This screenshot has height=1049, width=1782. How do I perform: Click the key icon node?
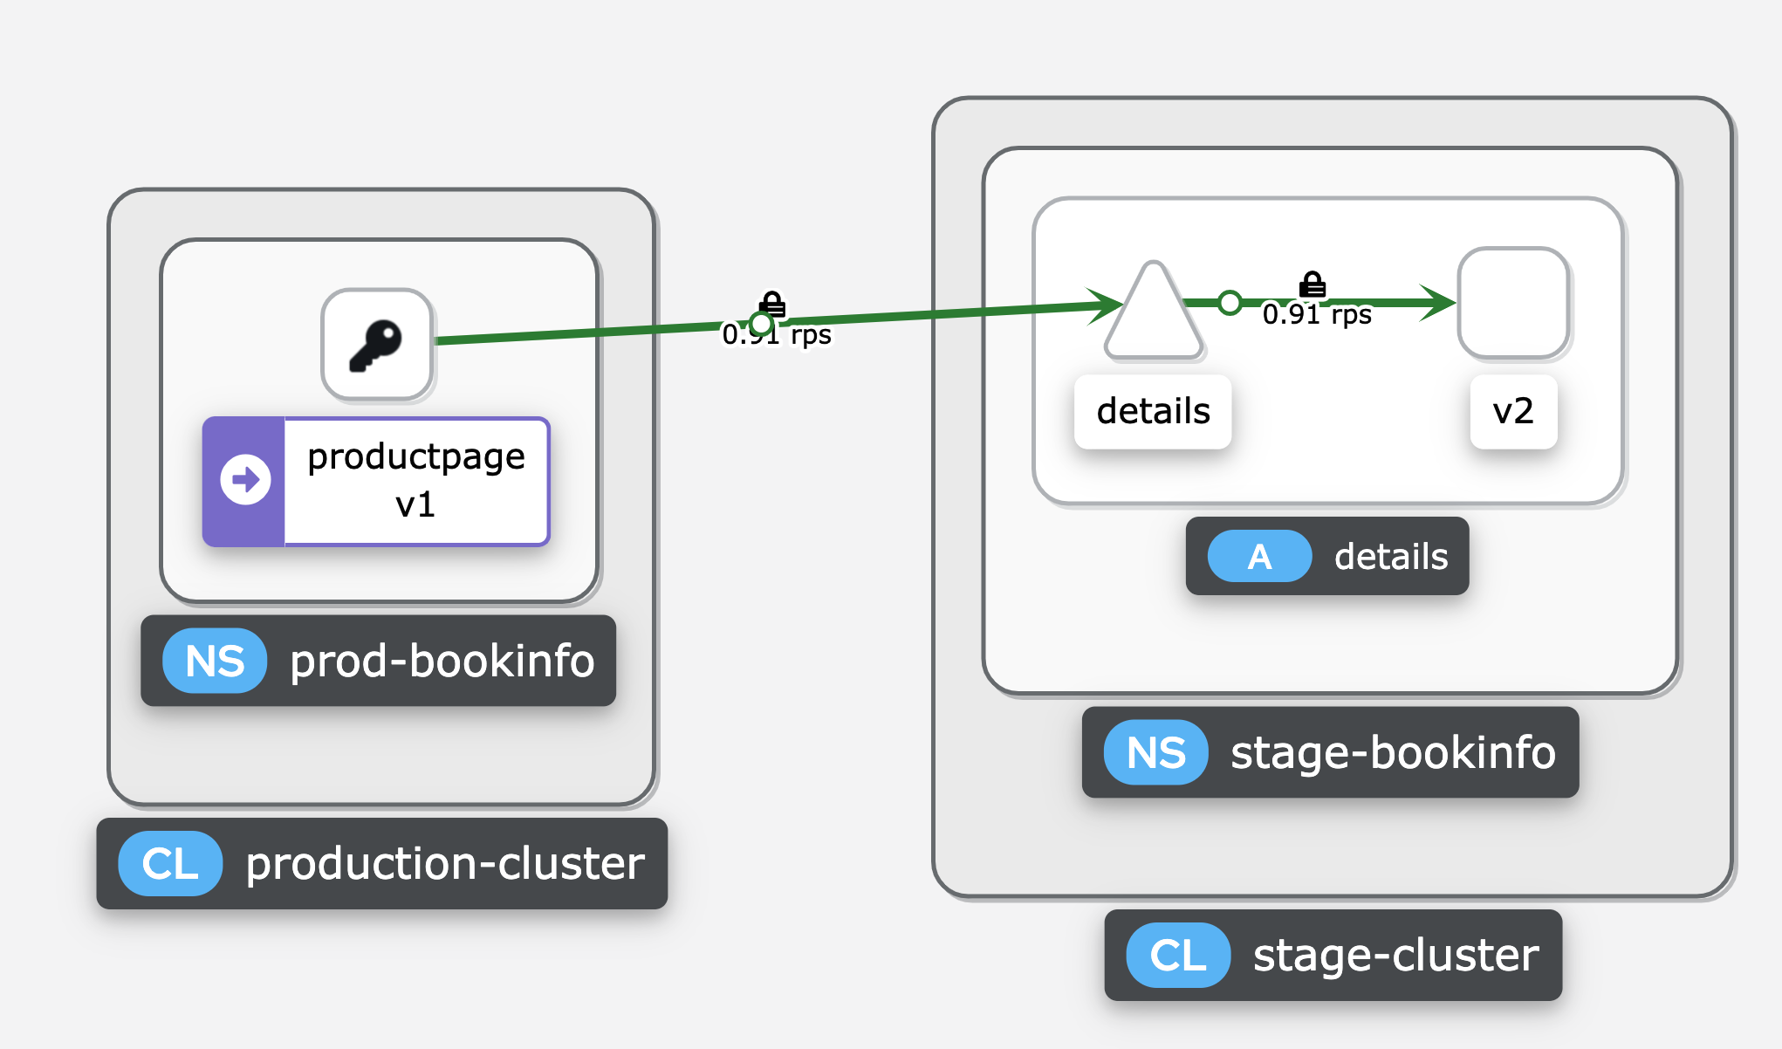(x=377, y=345)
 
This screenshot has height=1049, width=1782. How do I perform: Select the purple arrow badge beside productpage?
(x=245, y=481)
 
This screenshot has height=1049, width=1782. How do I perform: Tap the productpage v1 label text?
(x=415, y=480)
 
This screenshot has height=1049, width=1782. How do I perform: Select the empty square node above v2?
(x=1513, y=304)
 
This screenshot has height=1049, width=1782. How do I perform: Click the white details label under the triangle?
(x=1153, y=412)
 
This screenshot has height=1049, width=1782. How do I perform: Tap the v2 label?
(x=1513, y=412)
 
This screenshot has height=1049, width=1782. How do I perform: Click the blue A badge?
(x=1258, y=557)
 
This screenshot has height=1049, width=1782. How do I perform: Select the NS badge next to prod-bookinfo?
(x=215, y=662)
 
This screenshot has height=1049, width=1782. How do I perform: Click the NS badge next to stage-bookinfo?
(x=1155, y=753)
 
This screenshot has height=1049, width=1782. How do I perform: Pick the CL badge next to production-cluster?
(x=170, y=864)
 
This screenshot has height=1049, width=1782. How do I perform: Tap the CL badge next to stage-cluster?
(x=1178, y=956)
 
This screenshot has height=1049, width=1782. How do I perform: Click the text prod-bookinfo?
(x=442, y=662)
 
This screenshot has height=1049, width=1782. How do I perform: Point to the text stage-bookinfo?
(x=1393, y=753)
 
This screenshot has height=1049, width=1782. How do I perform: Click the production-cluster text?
(x=445, y=864)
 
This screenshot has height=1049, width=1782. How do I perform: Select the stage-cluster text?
(x=1395, y=956)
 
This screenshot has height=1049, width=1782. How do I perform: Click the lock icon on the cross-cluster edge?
(x=772, y=304)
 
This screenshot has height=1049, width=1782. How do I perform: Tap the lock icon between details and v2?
(x=1313, y=285)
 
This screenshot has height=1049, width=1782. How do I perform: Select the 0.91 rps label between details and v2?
(x=1317, y=315)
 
